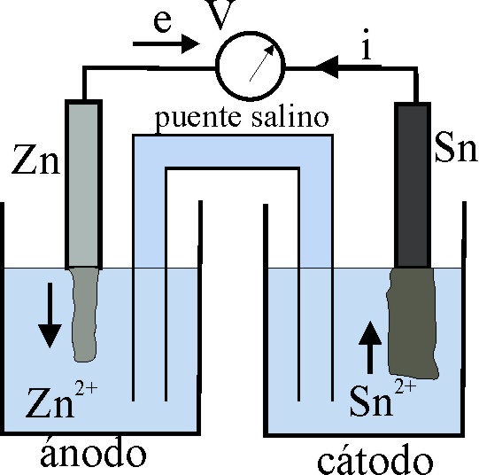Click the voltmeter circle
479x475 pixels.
218,66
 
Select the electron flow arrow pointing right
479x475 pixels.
166,44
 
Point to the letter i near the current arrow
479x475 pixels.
367,44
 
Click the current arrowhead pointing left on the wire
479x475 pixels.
326,67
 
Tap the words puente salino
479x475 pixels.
242,119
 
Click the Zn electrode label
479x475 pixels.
35,160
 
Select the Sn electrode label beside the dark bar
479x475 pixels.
456,147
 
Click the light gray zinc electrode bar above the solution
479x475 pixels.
83,184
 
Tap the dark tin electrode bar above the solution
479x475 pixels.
413,185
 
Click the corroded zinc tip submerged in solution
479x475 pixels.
85,315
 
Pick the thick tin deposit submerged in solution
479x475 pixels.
413,323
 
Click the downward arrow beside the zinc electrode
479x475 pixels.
50,315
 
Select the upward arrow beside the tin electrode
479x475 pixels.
370,347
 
